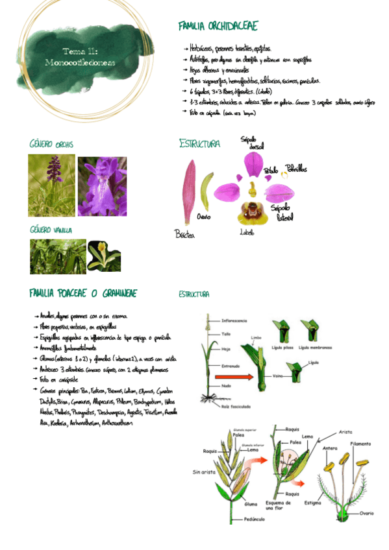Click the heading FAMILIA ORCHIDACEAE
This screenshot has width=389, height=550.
click(218, 26)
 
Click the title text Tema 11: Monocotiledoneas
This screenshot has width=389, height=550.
click(80, 57)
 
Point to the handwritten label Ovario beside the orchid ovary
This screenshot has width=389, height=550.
click(203, 217)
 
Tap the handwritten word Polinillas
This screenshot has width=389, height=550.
click(295, 169)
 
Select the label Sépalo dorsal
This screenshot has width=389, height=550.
click(249, 142)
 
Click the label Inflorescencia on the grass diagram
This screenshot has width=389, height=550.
click(234, 320)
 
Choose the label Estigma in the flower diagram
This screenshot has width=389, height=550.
click(311, 501)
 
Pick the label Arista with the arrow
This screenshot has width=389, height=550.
click(345, 432)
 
